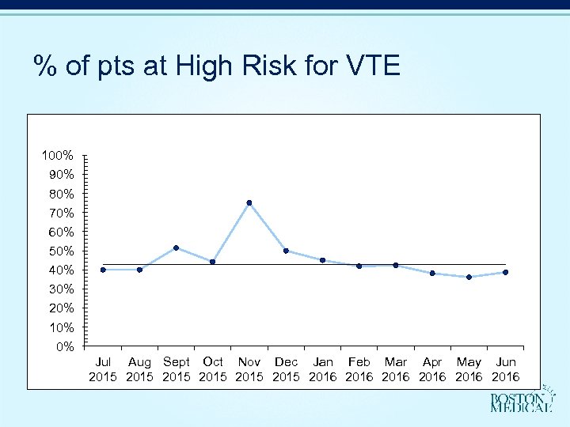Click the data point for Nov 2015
[249, 203]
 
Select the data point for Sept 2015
[176, 248]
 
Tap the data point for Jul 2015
[103, 270]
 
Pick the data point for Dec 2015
[286, 251]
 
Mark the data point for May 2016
[469, 277]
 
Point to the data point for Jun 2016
[505, 272]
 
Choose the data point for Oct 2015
[212, 262]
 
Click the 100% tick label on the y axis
[58, 155]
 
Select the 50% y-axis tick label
[61, 251]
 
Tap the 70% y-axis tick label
[61, 213]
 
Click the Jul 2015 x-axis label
[103, 369]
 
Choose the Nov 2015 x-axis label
[249, 369]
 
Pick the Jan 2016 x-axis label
[322, 369]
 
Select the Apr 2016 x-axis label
[432, 369]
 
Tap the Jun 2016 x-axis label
[505, 369]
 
